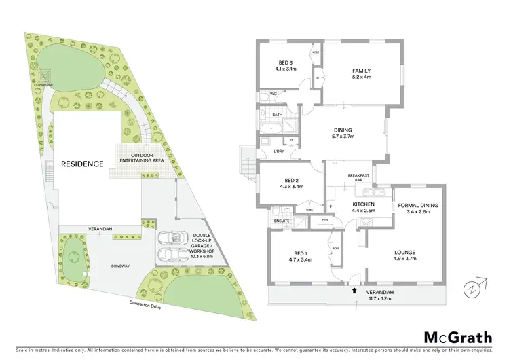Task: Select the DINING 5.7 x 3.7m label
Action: click(x=343, y=134)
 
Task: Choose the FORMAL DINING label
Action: click(x=417, y=208)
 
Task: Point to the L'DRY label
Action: click(x=278, y=151)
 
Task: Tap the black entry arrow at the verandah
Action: click(x=354, y=290)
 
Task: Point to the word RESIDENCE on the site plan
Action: click(x=82, y=164)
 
